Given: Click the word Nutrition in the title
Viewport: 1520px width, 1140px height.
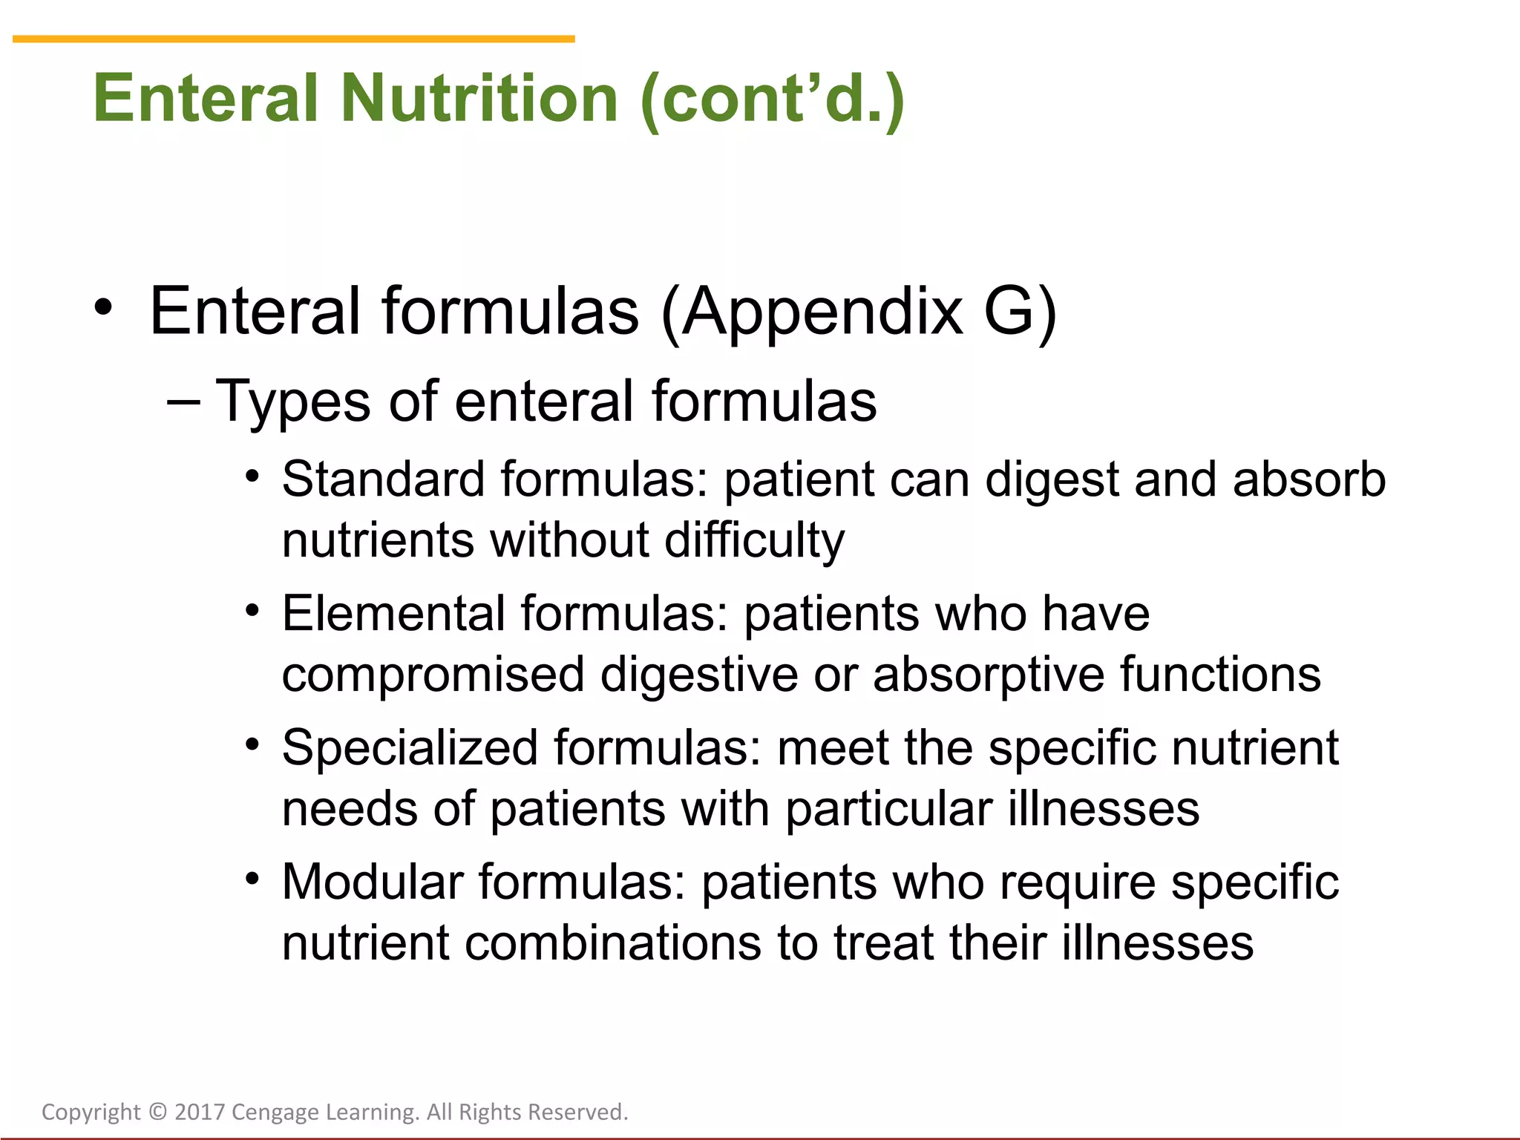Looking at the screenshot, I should point(479,98).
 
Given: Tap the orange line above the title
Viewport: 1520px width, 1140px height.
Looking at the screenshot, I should point(293,39).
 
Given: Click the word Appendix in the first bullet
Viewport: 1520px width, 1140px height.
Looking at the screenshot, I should point(823,312).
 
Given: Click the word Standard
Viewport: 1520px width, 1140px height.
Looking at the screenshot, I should point(383,479).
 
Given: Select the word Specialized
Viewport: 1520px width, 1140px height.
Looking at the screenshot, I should point(410,747).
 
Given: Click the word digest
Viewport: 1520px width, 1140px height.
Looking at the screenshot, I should point(1051,480).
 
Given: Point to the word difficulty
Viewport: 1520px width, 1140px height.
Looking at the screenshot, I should point(754,540).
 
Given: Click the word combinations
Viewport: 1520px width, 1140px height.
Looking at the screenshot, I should point(613,943).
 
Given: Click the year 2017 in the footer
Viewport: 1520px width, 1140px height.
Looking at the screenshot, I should point(199,1112).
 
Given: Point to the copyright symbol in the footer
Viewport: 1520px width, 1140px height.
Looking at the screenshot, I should point(158,1112).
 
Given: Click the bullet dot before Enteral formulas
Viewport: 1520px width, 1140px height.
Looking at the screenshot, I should point(104,307).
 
